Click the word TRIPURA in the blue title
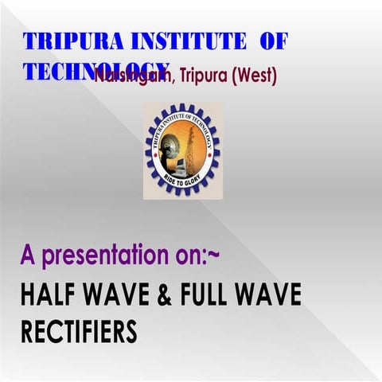(64, 41)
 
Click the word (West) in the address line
(253, 78)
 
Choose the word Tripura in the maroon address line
(197, 78)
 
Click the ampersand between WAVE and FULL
(185, 296)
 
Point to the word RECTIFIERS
(79, 330)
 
